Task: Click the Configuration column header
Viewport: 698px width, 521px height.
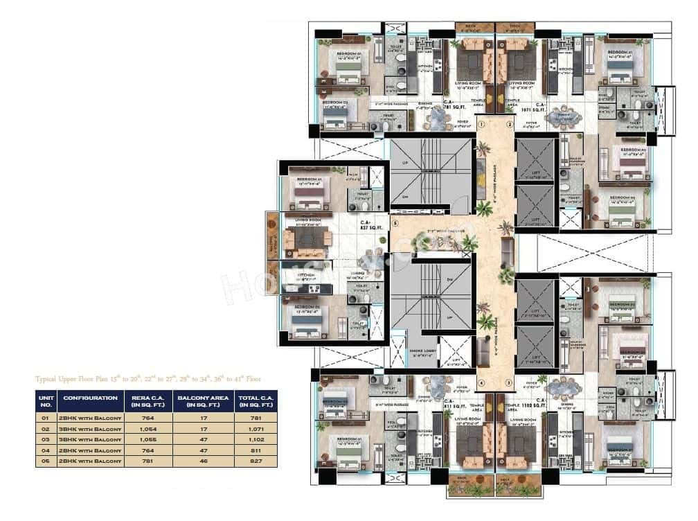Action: click(90, 398)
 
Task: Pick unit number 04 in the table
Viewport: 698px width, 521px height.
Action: click(46, 450)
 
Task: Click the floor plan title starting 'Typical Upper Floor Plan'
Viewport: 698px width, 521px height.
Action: click(148, 379)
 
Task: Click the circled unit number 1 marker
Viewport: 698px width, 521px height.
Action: click(481, 124)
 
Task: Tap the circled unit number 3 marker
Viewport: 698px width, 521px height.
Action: click(508, 382)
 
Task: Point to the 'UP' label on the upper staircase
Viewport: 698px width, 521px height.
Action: click(405, 164)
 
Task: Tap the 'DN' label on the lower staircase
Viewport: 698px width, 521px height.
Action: click(449, 279)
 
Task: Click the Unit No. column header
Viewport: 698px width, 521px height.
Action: click(46, 402)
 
